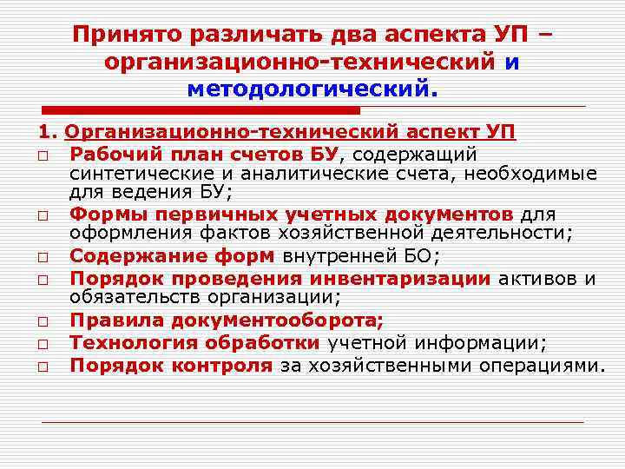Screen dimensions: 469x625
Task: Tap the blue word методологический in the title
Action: coord(310,88)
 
